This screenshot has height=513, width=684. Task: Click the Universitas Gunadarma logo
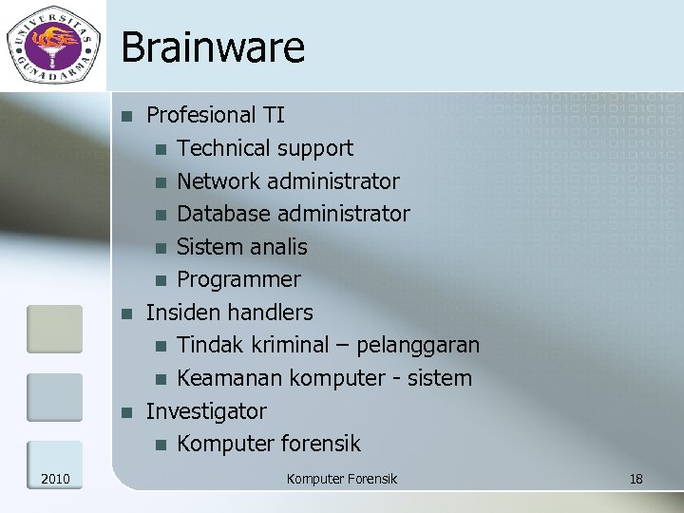click(x=53, y=44)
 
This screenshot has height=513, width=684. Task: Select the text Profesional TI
click(x=215, y=115)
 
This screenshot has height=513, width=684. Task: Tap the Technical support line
click(x=265, y=148)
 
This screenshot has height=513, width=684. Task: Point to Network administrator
click(x=288, y=180)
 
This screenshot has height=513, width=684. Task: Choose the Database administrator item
click(x=294, y=214)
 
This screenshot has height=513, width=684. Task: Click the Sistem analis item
click(x=242, y=247)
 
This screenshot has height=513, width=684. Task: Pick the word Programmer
click(x=238, y=279)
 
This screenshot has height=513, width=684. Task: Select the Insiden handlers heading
click(x=229, y=313)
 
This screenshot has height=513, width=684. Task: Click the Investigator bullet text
click(x=206, y=411)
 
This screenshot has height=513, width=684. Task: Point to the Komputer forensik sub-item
click(x=269, y=444)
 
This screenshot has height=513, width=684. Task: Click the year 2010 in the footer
click(x=55, y=479)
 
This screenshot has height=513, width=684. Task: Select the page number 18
click(x=636, y=479)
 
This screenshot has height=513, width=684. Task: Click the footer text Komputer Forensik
click(x=342, y=479)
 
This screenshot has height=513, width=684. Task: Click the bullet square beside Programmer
click(x=161, y=280)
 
